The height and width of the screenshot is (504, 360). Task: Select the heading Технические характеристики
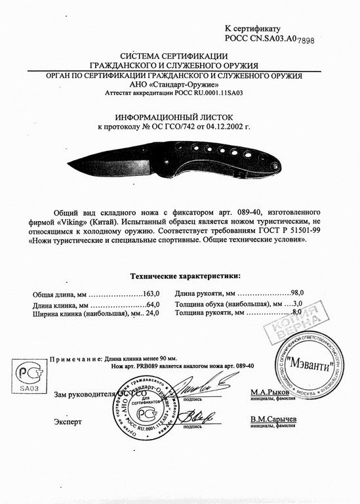pos(186,276)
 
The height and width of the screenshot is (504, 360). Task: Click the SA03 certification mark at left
pos(29,377)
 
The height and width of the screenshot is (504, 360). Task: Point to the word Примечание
pos(75,360)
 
